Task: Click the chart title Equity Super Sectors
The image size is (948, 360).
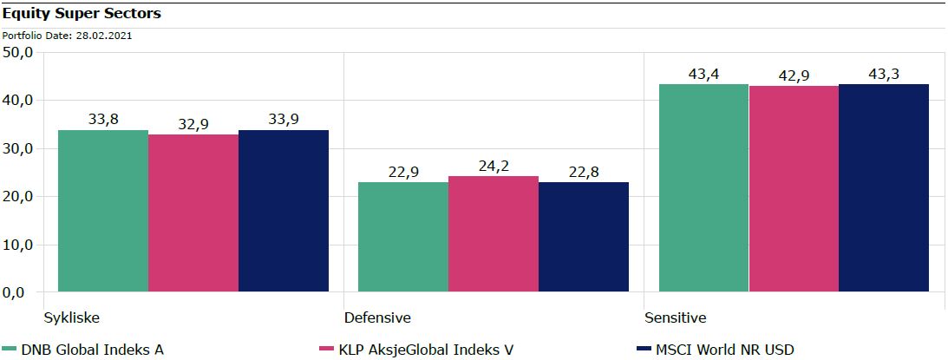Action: pyautogui.click(x=69, y=15)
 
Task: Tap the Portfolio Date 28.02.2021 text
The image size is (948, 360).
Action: pyautogui.click(x=67, y=36)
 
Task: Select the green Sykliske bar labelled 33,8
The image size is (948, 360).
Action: pyautogui.click(x=102, y=211)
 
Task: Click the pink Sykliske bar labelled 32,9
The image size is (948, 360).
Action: pyautogui.click(x=193, y=213)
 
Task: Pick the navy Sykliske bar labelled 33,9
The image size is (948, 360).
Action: pyautogui.click(x=283, y=211)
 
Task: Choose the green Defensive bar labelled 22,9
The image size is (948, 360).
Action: pyautogui.click(x=403, y=237)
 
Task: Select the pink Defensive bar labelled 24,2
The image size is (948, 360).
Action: pyautogui.click(x=493, y=234)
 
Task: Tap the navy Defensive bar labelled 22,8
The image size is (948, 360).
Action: pyautogui.click(x=583, y=237)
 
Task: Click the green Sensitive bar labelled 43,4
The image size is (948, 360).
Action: pyautogui.click(x=703, y=187)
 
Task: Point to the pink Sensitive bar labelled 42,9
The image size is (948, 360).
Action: pyautogui.click(x=793, y=189)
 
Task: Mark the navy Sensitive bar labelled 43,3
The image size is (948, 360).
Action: pyautogui.click(x=883, y=187)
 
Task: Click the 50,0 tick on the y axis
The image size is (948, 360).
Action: pyautogui.click(x=18, y=53)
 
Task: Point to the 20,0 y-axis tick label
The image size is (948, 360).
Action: pyautogui.click(x=18, y=197)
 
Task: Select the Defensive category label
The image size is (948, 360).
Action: pyautogui.click(x=377, y=317)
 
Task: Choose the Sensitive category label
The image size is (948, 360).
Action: pyautogui.click(x=675, y=317)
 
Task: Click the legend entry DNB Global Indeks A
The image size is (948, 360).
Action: pyautogui.click(x=91, y=350)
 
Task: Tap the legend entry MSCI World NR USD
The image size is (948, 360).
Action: pyautogui.click(x=723, y=350)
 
